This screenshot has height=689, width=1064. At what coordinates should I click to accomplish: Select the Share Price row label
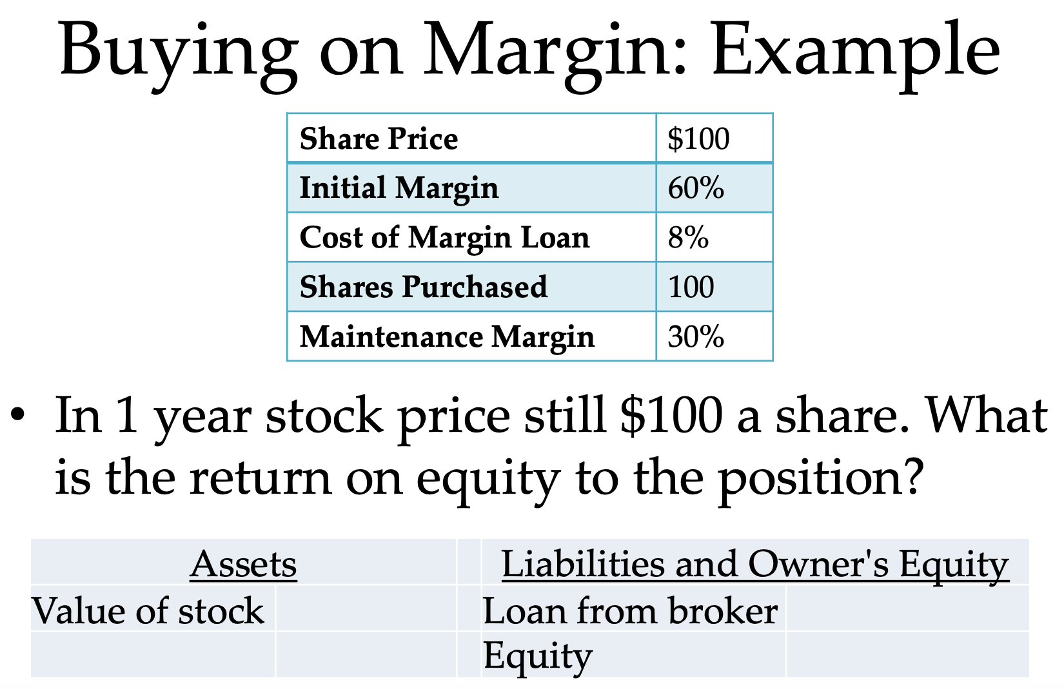379,139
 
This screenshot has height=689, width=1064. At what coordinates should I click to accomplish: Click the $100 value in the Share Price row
698,139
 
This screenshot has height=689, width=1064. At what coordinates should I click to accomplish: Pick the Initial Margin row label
399,188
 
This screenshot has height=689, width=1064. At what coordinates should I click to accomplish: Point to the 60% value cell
696,188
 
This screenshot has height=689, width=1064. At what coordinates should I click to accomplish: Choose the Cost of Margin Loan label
444,237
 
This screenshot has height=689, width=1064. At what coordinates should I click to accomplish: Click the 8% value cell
688,237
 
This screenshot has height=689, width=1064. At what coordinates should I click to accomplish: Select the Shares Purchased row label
423,287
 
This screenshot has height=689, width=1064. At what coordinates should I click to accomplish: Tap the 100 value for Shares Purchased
691,287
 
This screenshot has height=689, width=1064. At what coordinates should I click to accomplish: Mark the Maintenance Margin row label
447,336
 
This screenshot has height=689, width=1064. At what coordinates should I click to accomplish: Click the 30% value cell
696,336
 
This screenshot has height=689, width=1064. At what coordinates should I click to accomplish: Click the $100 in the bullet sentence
671,416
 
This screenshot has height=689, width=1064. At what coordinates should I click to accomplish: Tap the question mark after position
912,477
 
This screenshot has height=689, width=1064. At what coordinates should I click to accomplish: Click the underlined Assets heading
243,564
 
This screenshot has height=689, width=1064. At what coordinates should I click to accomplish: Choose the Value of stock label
148,610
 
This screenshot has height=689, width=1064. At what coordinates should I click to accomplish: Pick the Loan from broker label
630,610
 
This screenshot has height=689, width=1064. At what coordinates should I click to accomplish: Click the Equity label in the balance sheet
537,656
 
